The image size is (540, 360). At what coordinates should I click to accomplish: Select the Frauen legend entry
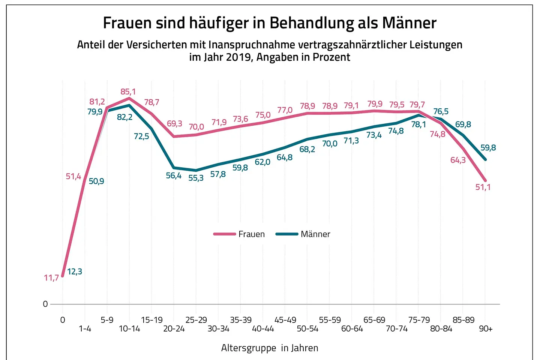point(240,234)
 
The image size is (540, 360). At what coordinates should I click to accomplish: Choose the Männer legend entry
point(303,234)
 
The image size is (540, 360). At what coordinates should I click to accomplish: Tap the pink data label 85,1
point(128,92)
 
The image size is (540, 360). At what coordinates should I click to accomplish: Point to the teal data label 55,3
point(196,178)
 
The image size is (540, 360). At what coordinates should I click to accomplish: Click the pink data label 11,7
point(51,278)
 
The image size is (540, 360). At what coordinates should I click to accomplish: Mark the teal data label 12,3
point(75,271)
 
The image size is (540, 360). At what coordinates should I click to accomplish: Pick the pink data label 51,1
point(483,187)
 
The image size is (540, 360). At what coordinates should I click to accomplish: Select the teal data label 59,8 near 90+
point(488,148)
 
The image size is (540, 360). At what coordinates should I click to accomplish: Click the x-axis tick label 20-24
point(174,329)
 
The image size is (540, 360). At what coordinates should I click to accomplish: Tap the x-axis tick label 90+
point(486,329)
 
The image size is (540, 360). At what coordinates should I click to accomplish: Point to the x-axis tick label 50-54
point(307,329)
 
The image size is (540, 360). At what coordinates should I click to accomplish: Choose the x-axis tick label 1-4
point(85,329)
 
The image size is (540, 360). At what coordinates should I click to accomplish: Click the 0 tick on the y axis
point(45,304)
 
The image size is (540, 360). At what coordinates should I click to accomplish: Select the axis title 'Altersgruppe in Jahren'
point(270,348)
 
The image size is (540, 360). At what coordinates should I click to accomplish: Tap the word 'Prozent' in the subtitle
point(331,57)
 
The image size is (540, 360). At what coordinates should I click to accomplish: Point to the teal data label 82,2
point(125,117)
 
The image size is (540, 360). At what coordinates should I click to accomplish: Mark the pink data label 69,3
point(174,124)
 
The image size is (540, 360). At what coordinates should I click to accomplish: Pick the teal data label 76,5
point(441,111)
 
